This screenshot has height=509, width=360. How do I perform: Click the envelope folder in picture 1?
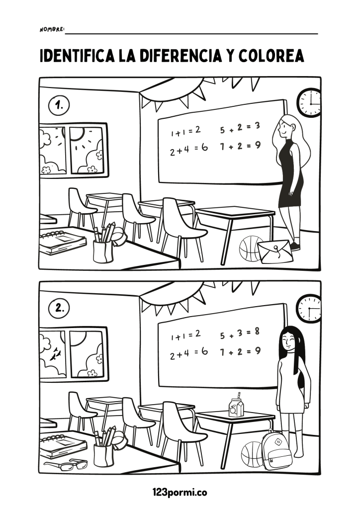pos(275,252)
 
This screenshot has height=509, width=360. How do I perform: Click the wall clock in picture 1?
pos(310,102)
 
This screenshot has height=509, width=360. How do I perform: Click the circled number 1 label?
pos(59,105)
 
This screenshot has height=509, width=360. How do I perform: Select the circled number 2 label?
pos(59,308)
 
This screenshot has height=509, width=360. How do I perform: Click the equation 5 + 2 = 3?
pos(240,128)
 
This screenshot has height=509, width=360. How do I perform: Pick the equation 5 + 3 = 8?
pos(240,334)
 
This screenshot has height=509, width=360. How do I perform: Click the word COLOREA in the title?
pos(271,56)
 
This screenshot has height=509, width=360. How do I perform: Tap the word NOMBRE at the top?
pos(52,29)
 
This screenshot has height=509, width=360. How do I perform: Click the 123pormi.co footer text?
pos(180,492)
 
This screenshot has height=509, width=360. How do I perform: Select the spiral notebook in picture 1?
pos(63,241)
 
